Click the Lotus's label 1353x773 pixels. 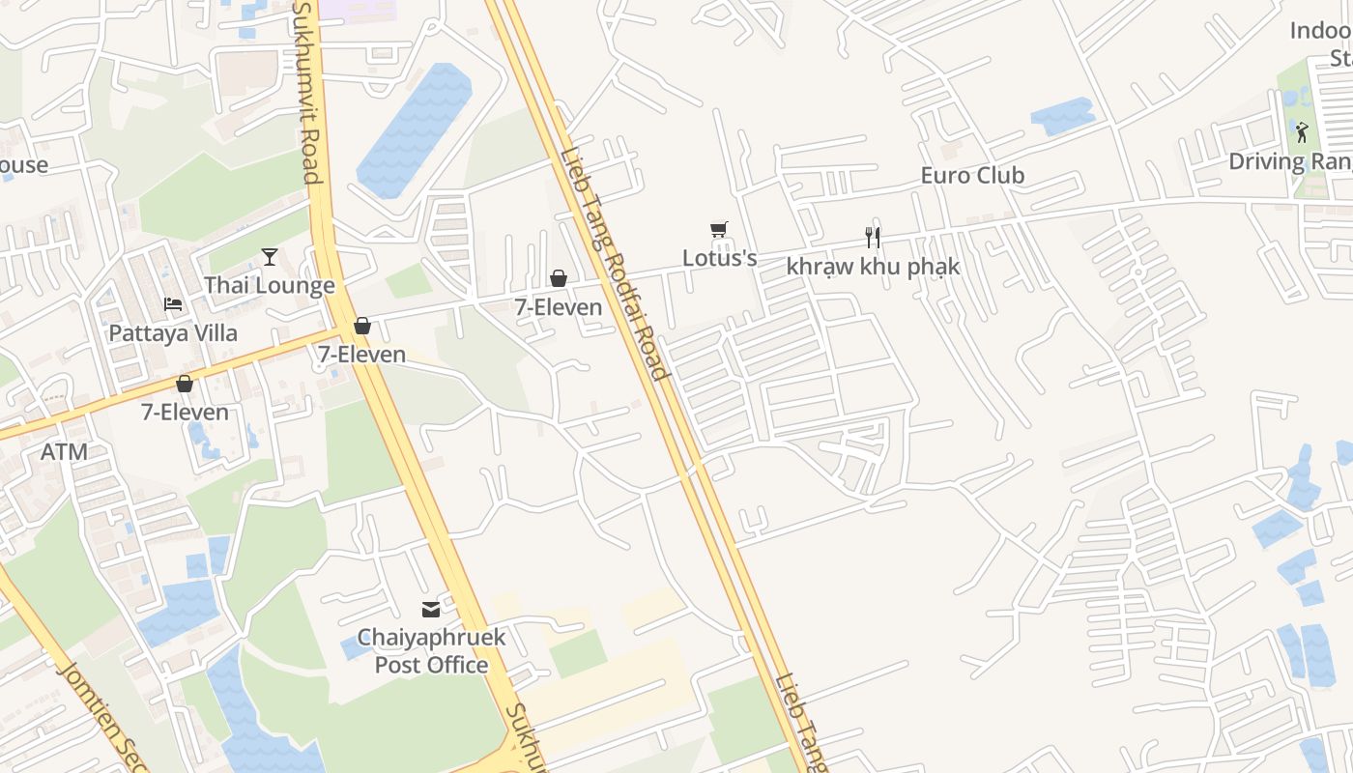pyautogui.click(x=719, y=258)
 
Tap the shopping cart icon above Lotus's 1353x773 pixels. pyautogui.click(x=718, y=230)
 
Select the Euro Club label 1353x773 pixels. pyautogui.click(x=972, y=176)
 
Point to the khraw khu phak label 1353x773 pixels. pyautogui.click(x=873, y=266)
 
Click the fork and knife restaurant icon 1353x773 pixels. pyautogui.click(x=873, y=238)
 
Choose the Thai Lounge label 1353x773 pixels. pyautogui.click(x=269, y=285)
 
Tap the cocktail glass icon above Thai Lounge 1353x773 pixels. pyautogui.click(x=270, y=257)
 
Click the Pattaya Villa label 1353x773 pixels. pyautogui.click(x=173, y=333)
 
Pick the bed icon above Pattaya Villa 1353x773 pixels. pyautogui.click(x=173, y=304)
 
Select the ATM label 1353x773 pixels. pyautogui.click(x=65, y=451)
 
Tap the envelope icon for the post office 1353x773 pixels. pyautogui.click(x=431, y=610)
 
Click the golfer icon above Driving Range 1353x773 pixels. pyautogui.click(x=1302, y=132)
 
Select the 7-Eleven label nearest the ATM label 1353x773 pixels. pyautogui.click(x=185, y=412)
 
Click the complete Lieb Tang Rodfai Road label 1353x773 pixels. pyautogui.click(x=614, y=264)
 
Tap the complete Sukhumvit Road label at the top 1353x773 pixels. pyautogui.click(x=307, y=92)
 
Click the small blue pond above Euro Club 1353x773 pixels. pyautogui.click(x=1062, y=117)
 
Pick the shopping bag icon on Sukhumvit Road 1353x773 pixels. pyautogui.click(x=362, y=327)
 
